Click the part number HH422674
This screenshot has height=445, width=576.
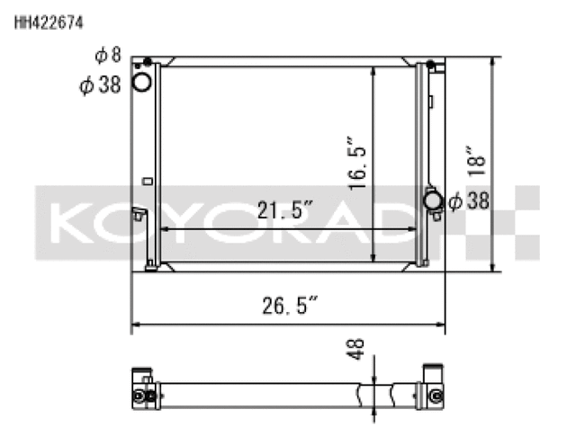pos(49,22)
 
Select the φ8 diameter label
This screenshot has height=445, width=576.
pos(108,56)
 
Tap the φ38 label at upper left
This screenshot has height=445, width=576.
pos(100,85)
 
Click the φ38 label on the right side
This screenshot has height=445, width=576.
pos(469,201)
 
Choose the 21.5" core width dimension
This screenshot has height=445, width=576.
pos(284,209)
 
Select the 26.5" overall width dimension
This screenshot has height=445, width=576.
pos(290,306)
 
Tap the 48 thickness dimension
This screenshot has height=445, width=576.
pos(355,349)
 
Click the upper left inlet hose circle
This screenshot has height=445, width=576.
pos(141,82)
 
